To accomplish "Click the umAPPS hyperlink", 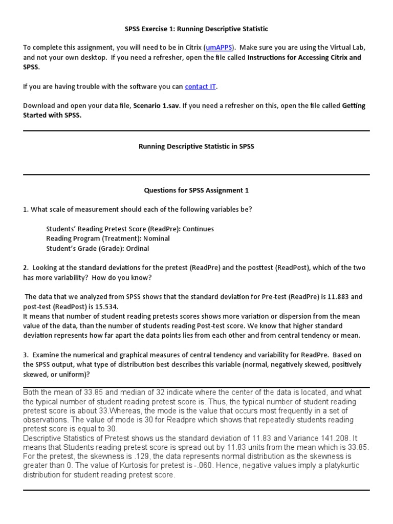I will coord(220,48).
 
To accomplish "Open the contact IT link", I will coord(200,86).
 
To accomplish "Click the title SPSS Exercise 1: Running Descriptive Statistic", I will coord(196,29).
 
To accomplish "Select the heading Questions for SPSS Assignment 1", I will coord(196,190).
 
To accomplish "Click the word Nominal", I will coord(156,238).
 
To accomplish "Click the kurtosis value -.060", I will coord(196,466).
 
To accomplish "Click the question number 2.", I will coord(25,268).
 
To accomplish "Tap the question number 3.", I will coord(25,355).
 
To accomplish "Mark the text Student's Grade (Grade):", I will coord(83,249).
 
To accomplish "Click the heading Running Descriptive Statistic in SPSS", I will coord(196,146).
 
